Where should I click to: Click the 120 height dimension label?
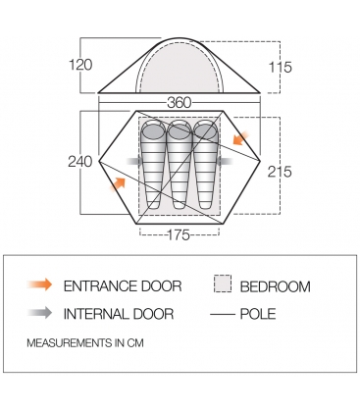(80, 65)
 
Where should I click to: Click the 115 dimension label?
(280, 68)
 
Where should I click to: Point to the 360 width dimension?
(179, 103)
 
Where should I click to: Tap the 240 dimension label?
(80, 162)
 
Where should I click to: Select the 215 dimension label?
(280, 172)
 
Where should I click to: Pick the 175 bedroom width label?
(179, 234)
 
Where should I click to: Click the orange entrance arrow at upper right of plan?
(240, 138)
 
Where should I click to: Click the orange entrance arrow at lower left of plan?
(118, 184)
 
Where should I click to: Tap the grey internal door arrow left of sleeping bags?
(134, 161)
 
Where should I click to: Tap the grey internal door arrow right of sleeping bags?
(225, 161)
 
